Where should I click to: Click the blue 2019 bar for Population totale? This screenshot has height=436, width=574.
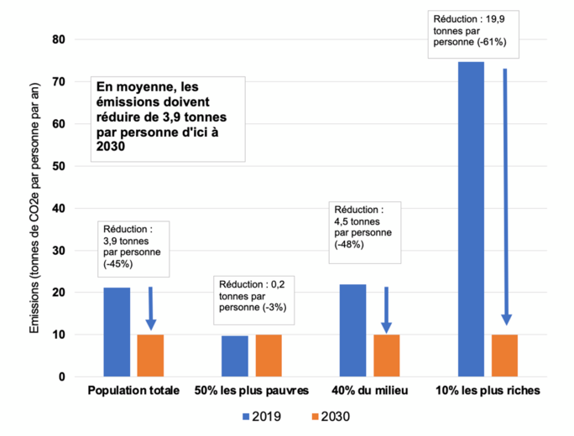click(x=117, y=332)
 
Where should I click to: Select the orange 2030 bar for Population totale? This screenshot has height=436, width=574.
click(x=150, y=356)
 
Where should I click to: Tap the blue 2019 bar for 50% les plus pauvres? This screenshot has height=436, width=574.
click(x=235, y=356)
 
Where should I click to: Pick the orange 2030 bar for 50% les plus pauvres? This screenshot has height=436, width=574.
click(x=269, y=356)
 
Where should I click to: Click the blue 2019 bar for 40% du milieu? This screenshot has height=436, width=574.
click(x=352, y=330)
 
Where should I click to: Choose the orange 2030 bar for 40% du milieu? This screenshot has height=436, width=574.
click(x=386, y=356)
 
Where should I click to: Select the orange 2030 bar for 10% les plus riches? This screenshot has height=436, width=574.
click(x=505, y=356)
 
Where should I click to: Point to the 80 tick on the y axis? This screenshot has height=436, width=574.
click(x=60, y=39)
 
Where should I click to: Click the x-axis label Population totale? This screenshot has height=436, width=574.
click(x=133, y=392)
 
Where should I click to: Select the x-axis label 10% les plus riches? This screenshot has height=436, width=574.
click(x=488, y=392)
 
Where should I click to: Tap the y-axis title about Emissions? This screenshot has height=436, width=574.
click(x=34, y=208)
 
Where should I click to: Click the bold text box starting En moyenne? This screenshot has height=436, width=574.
click(x=169, y=117)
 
